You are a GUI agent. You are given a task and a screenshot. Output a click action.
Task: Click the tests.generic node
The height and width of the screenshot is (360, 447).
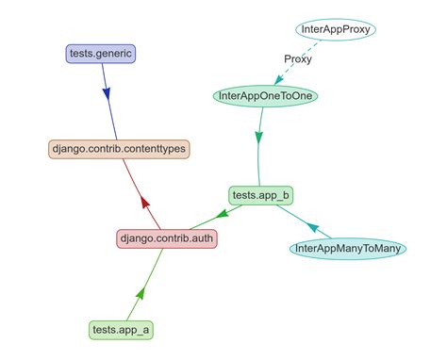[101, 54]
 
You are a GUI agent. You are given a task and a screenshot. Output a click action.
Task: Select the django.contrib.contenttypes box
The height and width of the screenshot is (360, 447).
[119, 149]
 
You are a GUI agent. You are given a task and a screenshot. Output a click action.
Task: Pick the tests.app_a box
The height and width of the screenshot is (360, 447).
[120, 330]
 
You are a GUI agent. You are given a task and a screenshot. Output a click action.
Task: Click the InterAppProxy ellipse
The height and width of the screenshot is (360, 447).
[337, 30]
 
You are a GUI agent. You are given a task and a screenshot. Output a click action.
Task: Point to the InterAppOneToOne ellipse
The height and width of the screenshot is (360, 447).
[267, 95]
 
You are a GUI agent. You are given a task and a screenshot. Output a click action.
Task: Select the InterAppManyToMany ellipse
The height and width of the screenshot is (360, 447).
[349, 249]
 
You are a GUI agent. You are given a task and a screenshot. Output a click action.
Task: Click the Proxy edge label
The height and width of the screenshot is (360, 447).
[298, 59]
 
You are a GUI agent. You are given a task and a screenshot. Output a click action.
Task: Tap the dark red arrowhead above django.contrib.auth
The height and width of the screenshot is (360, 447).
[143, 201]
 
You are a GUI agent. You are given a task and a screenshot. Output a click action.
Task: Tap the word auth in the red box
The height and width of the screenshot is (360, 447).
[201, 238]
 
